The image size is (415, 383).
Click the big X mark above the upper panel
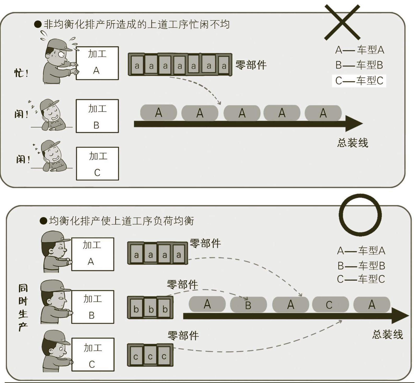[x=342, y=22]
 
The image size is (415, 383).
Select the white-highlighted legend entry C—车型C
[x=359, y=81]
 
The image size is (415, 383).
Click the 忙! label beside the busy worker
[x=21, y=73]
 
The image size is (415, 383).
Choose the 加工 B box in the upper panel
[x=97, y=116]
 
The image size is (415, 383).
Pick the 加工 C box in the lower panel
[x=93, y=355]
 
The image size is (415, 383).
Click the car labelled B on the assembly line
[x=248, y=304]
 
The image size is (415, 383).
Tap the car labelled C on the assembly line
[x=330, y=304]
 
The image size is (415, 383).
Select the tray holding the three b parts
[x=150, y=307]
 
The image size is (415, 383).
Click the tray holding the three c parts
[x=150, y=355]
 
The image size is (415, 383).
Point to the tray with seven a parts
[x=180, y=64]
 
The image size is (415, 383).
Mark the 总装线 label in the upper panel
[x=353, y=143]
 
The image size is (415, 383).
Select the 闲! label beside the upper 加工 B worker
[x=21, y=114]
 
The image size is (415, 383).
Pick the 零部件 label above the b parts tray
[x=182, y=284]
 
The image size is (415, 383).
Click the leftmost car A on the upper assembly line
[x=159, y=113]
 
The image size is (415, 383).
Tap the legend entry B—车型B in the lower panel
[x=361, y=266]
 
